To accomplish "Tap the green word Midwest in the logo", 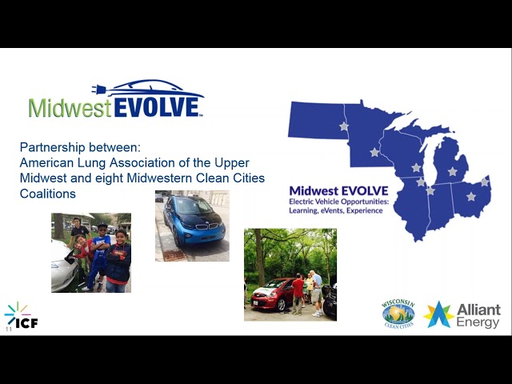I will pyautogui.click(x=70, y=108).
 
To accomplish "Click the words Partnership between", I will pyautogui.click(x=79, y=147).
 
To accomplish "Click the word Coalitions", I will pyautogui.click(x=48, y=194).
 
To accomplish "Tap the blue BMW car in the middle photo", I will pyautogui.click(x=190, y=222).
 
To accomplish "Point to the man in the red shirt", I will pyautogui.click(x=298, y=293).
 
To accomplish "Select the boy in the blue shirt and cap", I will pyautogui.click(x=99, y=252).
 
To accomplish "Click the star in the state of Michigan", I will pyautogui.click(x=452, y=171).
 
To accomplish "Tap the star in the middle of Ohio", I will pyautogui.click(x=470, y=196).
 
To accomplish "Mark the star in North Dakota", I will pyautogui.click(x=344, y=126).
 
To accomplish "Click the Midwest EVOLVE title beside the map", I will pyautogui.click(x=338, y=190).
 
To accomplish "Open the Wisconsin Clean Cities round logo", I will pyautogui.click(x=398, y=314).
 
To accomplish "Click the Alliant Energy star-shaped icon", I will pyautogui.click(x=438, y=314).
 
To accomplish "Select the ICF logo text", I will pyautogui.click(x=30, y=322).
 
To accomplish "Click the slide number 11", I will pyautogui.click(x=8, y=329).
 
